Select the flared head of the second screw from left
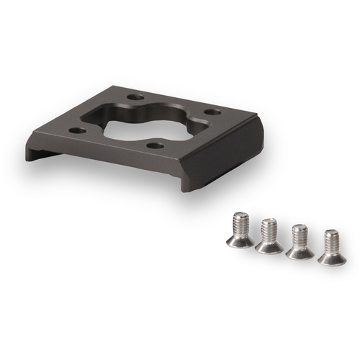[269, 246]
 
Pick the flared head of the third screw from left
[299, 251]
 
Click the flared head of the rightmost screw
[332, 256]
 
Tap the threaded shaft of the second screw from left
[269, 231]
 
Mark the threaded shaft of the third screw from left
[300, 237]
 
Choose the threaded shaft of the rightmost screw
[332, 242]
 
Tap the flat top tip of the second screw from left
[269, 221]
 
